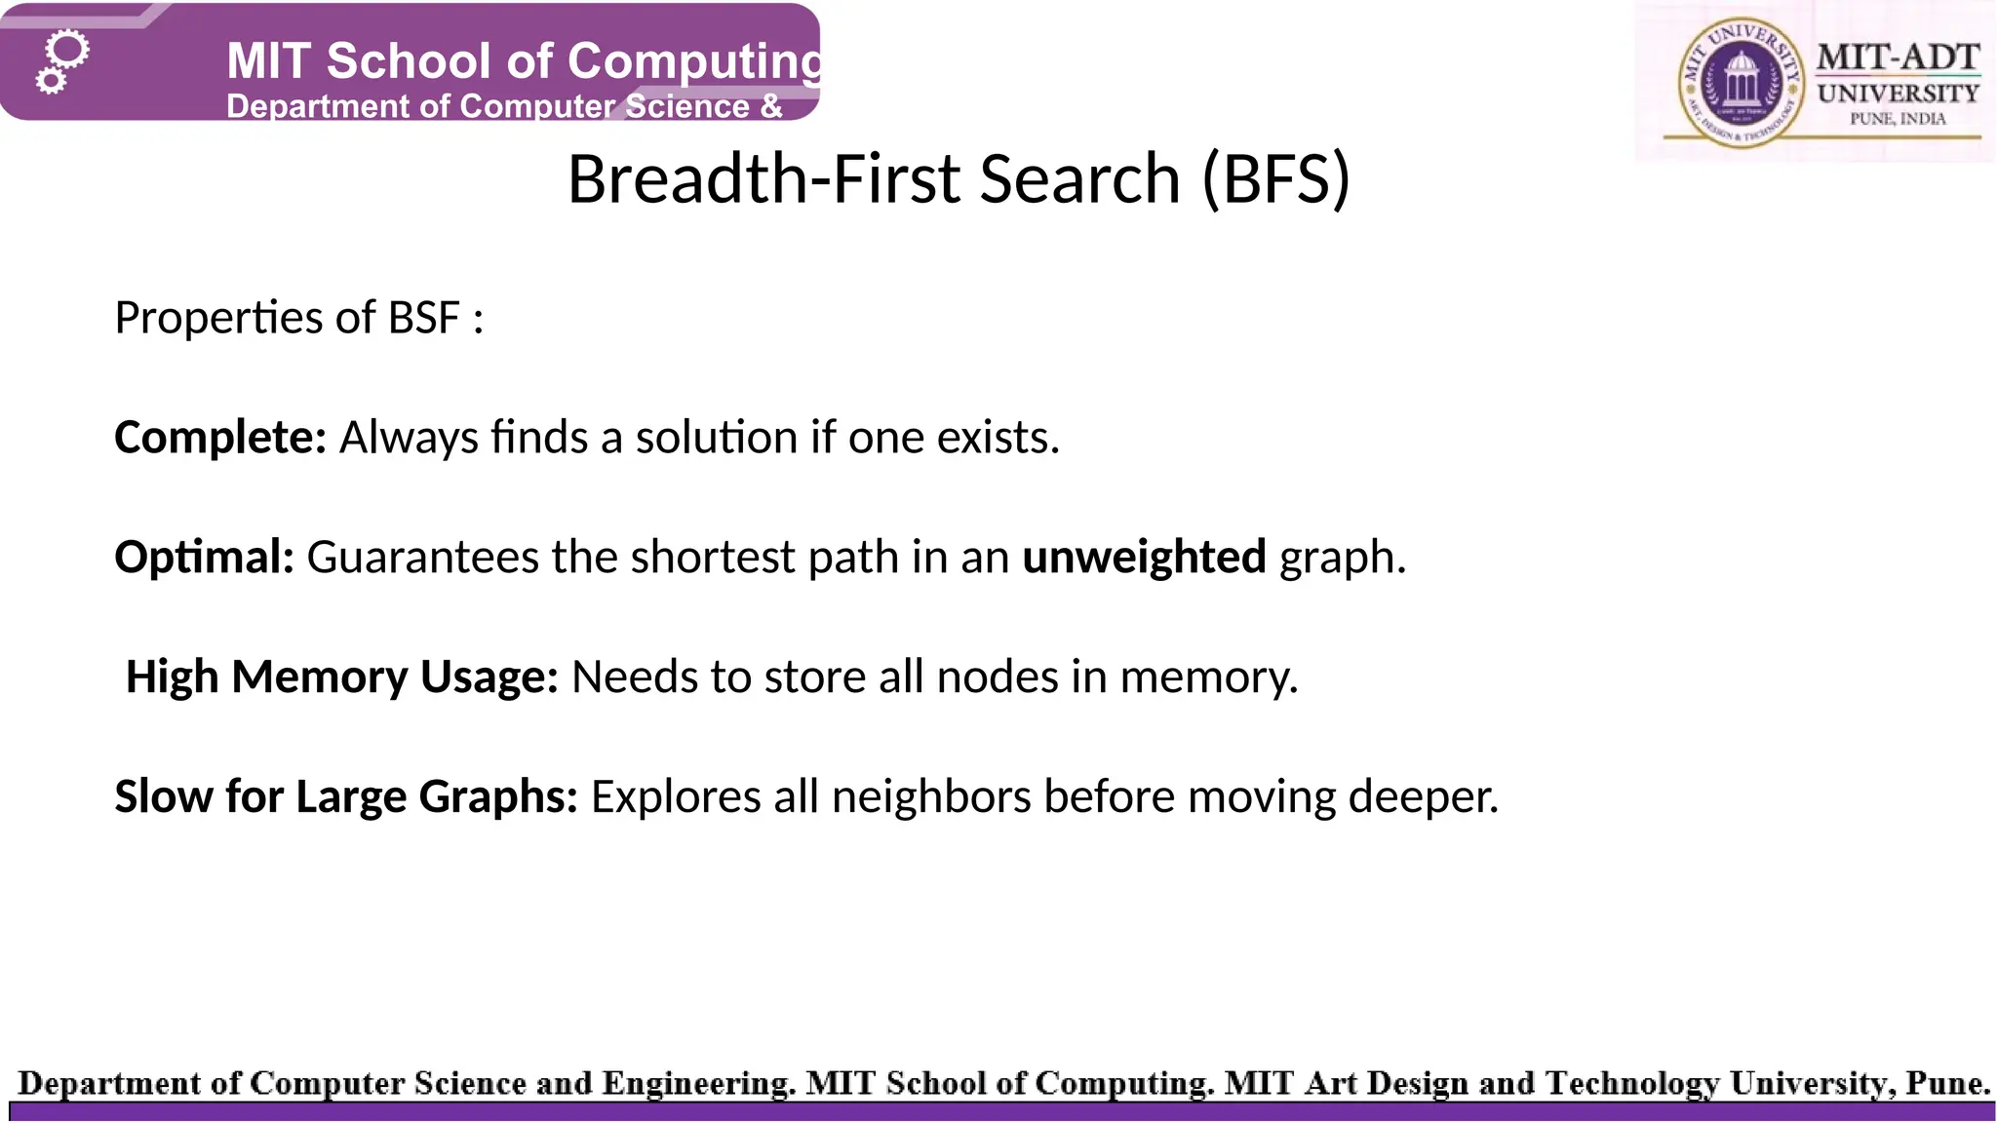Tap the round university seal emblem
tap(1740, 85)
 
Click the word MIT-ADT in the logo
tap(1898, 58)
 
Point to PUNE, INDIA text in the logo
tap(1898, 119)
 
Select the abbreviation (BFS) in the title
tap(1276, 179)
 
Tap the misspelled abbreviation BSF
tap(424, 318)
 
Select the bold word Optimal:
tap(204, 558)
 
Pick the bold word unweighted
tap(1144, 558)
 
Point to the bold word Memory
tap(320, 678)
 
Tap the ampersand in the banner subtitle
tap(771, 106)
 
